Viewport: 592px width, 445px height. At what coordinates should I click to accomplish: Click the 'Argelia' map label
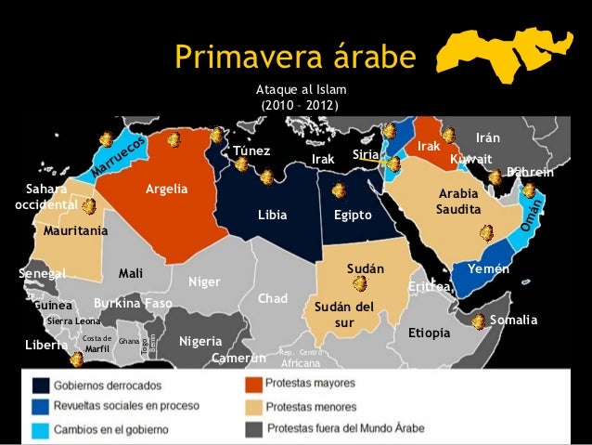[x=166, y=190]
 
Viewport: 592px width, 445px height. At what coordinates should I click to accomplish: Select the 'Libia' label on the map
[x=273, y=216]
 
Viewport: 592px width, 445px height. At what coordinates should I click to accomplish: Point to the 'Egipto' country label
[x=353, y=216]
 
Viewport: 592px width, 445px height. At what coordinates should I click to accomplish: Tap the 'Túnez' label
[x=251, y=151]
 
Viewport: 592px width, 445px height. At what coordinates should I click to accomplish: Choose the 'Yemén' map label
[x=488, y=268]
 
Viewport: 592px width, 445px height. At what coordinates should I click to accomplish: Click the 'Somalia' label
[x=514, y=320]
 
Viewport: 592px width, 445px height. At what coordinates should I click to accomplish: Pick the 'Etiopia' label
[x=429, y=332]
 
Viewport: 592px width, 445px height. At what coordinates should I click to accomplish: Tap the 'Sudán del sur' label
[x=344, y=314]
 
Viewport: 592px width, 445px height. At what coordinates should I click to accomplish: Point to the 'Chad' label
[x=273, y=299]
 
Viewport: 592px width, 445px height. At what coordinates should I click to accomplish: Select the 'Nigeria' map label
[x=200, y=340]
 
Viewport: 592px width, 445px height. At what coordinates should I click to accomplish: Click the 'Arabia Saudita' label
[x=458, y=203]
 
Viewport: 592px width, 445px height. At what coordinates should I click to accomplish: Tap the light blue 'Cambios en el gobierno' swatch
[x=42, y=429]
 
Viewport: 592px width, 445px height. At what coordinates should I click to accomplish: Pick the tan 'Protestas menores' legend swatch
[x=253, y=406]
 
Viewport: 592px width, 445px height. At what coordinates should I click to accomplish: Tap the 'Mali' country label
[x=131, y=273]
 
